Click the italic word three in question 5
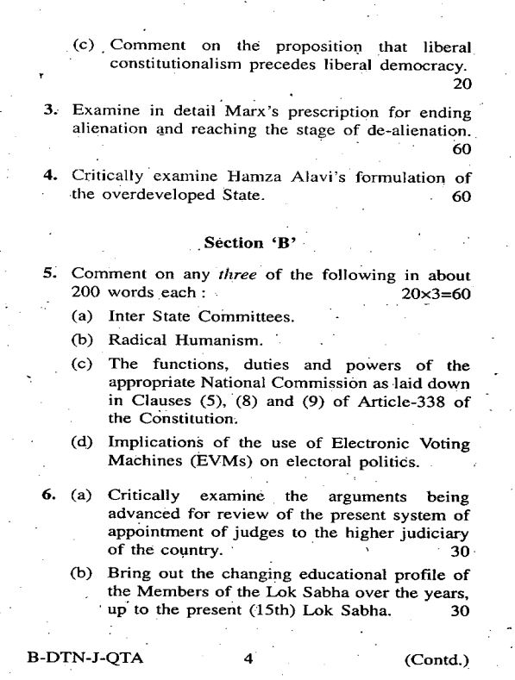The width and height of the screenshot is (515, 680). pyautogui.click(x=234, y=276)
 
